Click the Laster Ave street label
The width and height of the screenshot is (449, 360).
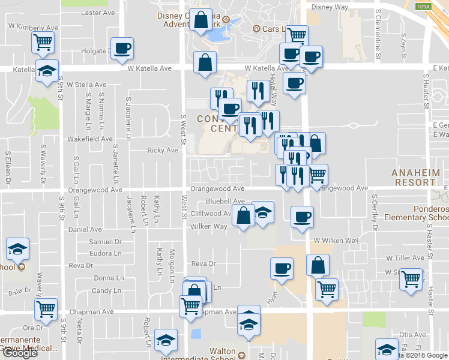tap(97, 13)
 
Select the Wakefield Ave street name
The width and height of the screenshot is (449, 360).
tap(90, 139)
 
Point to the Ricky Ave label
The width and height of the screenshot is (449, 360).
tap(163, 151)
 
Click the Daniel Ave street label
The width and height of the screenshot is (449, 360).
tap(85, 229)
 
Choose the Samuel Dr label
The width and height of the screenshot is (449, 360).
tap(105, 242)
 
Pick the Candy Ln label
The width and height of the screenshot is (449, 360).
tap(106, 290)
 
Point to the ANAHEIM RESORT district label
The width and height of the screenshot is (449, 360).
tap(414, 177)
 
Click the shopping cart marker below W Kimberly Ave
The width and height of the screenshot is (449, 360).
tap(43, 41)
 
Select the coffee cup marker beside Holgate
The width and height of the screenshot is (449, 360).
tap(122, 48)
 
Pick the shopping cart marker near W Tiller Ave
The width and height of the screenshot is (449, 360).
tap(411, 279)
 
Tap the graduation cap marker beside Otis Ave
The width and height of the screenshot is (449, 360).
tap(387, 349)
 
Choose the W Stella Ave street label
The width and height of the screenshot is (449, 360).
tap(86, 85)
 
